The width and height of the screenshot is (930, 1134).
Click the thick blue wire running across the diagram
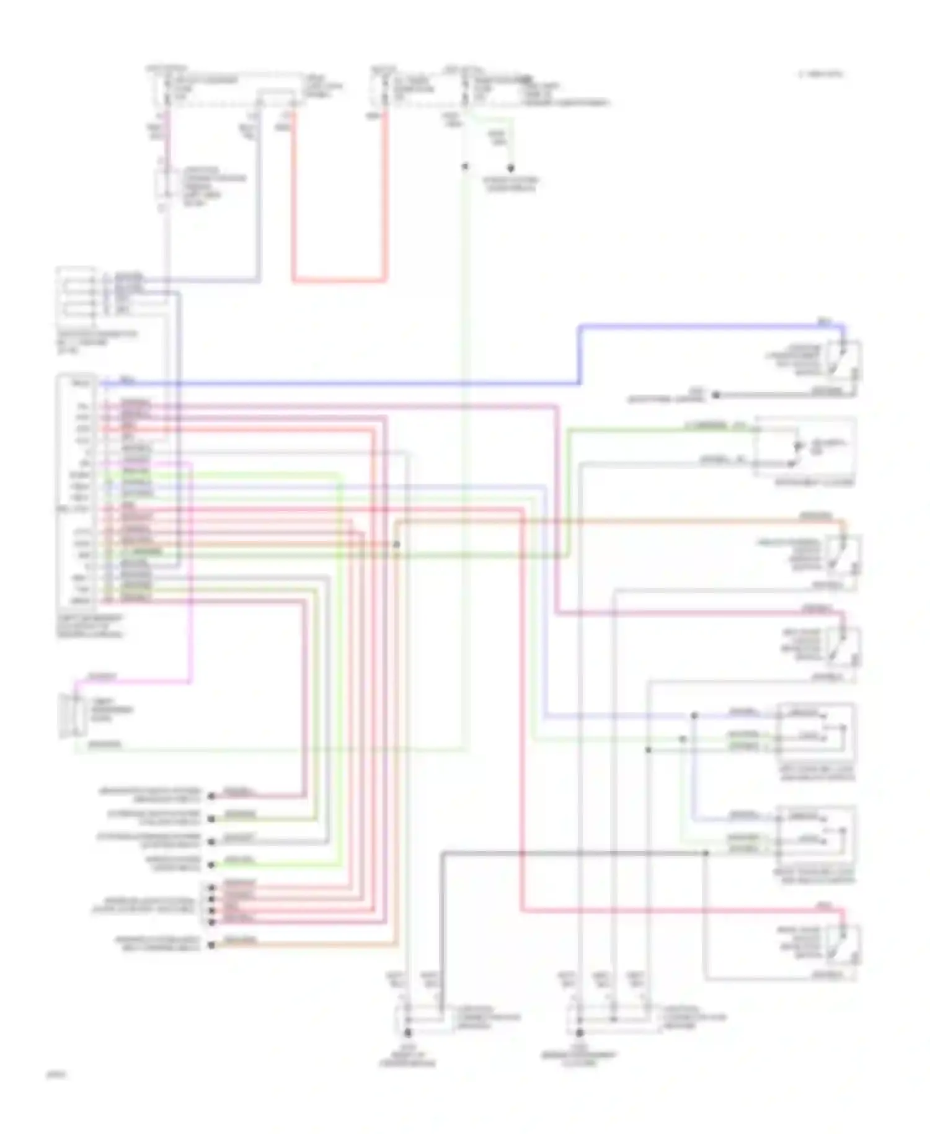coord(372,384)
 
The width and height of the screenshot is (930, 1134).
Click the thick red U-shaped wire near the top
coord(338,280)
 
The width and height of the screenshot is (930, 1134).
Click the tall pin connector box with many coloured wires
coord(76,490)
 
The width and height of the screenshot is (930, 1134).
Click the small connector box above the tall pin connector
coord(76,293)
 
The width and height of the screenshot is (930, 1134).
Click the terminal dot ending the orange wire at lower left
coord(211,945)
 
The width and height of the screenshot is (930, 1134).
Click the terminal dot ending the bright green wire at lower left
coord(211,865)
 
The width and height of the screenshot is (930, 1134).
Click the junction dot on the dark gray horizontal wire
coord(706,853)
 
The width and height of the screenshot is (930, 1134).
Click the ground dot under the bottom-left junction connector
coord(407,1033)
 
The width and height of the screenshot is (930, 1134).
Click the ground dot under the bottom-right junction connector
coord(580,1033)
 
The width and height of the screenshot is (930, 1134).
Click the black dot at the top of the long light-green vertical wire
coord(464,166)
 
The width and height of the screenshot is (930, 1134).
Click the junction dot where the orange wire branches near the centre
coord(397,545)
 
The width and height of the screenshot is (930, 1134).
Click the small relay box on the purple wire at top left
coord(162,185)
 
